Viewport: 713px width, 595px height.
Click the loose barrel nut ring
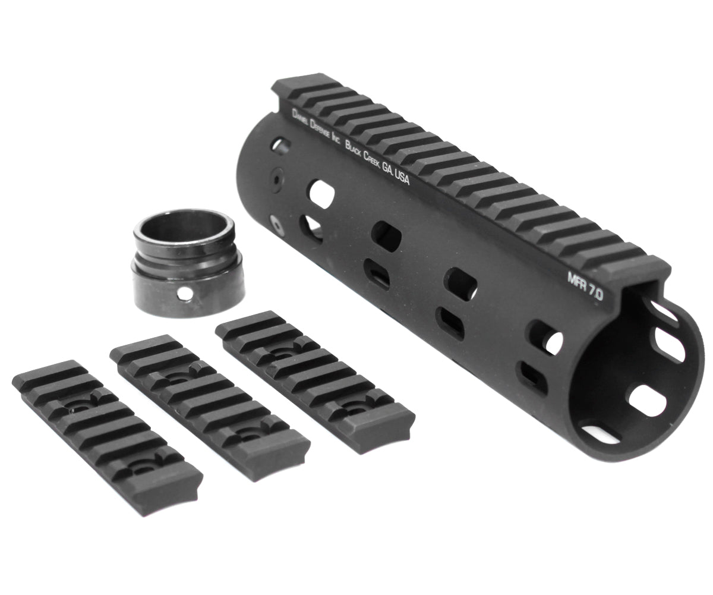pyautogui.click(x=188, y=262)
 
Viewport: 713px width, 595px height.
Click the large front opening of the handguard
pyautogui.click(x=630, y=380)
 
